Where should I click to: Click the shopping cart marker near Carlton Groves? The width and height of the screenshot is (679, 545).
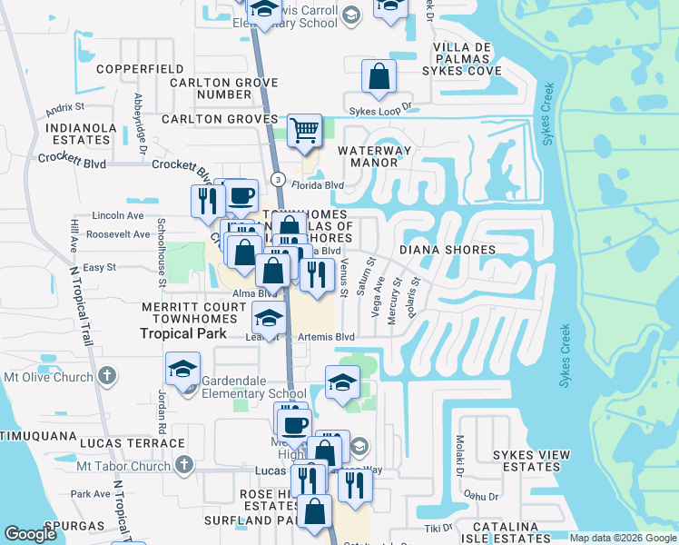click(x=304, y=130)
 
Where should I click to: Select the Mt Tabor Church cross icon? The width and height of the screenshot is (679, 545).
click(x=184, y=466)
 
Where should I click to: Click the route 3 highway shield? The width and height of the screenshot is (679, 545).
click(x=278, y=177)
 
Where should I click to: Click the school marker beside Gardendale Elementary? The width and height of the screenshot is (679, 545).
click(x=182, y=370)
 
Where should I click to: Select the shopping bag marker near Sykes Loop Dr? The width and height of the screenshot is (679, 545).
click(x=379, y=77)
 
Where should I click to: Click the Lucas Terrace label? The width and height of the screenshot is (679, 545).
click(x=132, y=443)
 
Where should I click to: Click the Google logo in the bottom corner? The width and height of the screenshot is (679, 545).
click(x=31, y=534)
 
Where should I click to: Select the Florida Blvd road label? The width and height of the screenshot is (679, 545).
click(x=322, y=185)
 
